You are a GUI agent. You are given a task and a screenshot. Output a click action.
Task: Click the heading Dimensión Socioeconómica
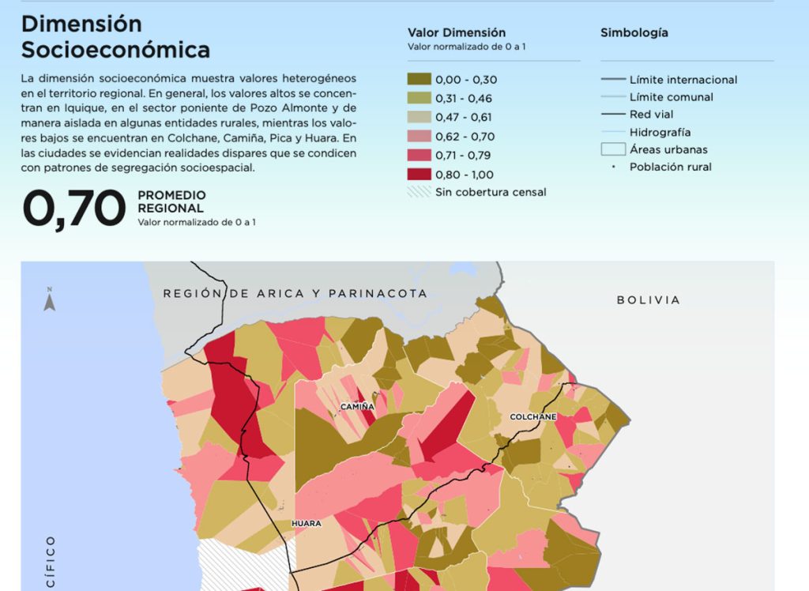[x=115, y=37]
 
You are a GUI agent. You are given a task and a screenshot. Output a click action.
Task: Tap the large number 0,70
[x=74, y=209]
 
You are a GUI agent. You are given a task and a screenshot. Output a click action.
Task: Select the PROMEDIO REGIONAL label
[x=171, y=201]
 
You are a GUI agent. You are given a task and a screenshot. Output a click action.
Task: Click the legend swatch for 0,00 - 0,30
[x=419, y=79]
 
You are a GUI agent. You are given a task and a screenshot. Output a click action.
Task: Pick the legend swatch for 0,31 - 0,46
[x=419, y=98]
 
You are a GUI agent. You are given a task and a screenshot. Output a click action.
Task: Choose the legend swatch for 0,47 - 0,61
[x=419, y=117]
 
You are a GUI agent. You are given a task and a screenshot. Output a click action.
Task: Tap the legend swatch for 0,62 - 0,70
[x=419, y=136]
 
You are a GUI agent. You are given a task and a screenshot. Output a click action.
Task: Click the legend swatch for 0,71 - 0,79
[x=419, y=155]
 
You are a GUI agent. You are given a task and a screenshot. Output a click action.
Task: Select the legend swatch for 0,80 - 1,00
[x=419, y=174]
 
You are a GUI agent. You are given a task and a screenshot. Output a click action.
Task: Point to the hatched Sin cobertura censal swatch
[x=419, y=192]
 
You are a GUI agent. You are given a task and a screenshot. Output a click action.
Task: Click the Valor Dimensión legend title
[x=457, y=32]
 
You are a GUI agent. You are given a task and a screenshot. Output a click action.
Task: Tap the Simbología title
[x=634, y=32]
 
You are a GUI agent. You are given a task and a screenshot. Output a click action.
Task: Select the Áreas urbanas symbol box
[x=611, y=149]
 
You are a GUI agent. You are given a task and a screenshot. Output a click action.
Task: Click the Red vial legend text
[x=652, y=115]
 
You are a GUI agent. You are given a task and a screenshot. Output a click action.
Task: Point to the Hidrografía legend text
[x=660, y=132]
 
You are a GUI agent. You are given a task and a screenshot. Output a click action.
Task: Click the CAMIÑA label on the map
[x=357, y=407]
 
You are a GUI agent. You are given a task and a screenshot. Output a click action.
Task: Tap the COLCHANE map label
[x=533, y=416]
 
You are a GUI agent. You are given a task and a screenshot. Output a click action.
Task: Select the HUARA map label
[x=307, y=523]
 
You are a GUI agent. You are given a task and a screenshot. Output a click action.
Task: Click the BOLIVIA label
[x=648, y=300]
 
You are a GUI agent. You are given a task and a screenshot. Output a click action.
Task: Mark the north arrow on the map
[x=49, y=299]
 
